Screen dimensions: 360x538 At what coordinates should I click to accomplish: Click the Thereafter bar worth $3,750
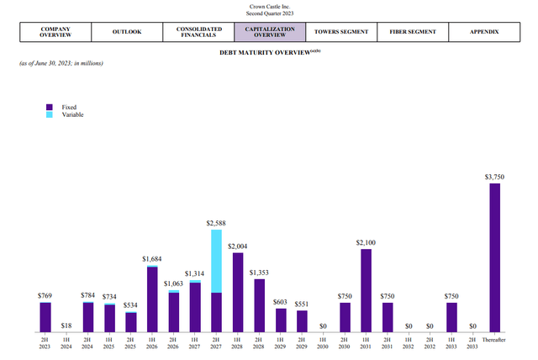pyautogui.click(x=494, y=257)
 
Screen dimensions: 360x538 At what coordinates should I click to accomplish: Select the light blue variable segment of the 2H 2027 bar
pyautogui.click(x=216, y=261)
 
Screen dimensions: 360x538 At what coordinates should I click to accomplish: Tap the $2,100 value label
pyautogui.click(x=366, y=242)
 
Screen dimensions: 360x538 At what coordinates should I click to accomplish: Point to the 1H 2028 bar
pyautogui.click(x=238, y=291)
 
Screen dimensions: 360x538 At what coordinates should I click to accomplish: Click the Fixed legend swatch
pyautogui.click(x=50, y=108)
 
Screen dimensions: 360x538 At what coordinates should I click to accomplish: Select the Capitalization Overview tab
pyautogui.click(x=264, y=32)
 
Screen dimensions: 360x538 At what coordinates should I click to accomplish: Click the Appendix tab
pyautogui.click(x=484, y=32)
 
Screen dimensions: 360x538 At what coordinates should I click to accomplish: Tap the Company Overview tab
pyautogui.click(x=55, y=32)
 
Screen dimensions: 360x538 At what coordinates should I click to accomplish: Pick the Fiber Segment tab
pyautogui.click(x=412, y=32)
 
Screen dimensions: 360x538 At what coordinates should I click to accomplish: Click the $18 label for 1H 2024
pyautogui.click(x=66, y=325)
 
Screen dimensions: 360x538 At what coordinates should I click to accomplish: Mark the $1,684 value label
pyautogui.click(x=151, y=258)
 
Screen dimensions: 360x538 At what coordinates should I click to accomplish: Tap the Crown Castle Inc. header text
pyautogui.click(x=269, y=7)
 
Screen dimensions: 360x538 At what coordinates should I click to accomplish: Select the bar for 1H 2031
pyautogui.click(x=366, y=289)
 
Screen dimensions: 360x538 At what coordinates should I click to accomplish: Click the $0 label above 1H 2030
pyautogui.click(x=323, y=325)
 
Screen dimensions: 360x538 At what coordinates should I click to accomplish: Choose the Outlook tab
pyautogui.click(x=126, y=32)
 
